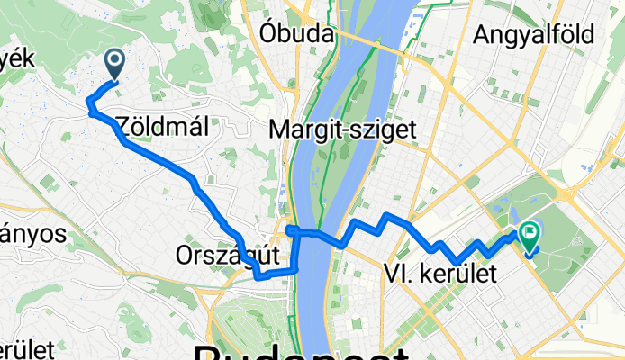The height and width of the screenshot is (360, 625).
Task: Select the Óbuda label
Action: pyautogui.click(x=296, y=34)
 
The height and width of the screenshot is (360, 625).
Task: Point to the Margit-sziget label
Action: pyautogui.click(x=343, y=130)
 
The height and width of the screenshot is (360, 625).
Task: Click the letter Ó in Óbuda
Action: pyautogui.click(x=267, y=34)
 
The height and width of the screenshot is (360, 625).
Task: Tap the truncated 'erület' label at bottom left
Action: pyautogui.click(x=27, y=349)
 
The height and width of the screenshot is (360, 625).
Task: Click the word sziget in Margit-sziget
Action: pyautogui.click(x=384, y=130)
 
